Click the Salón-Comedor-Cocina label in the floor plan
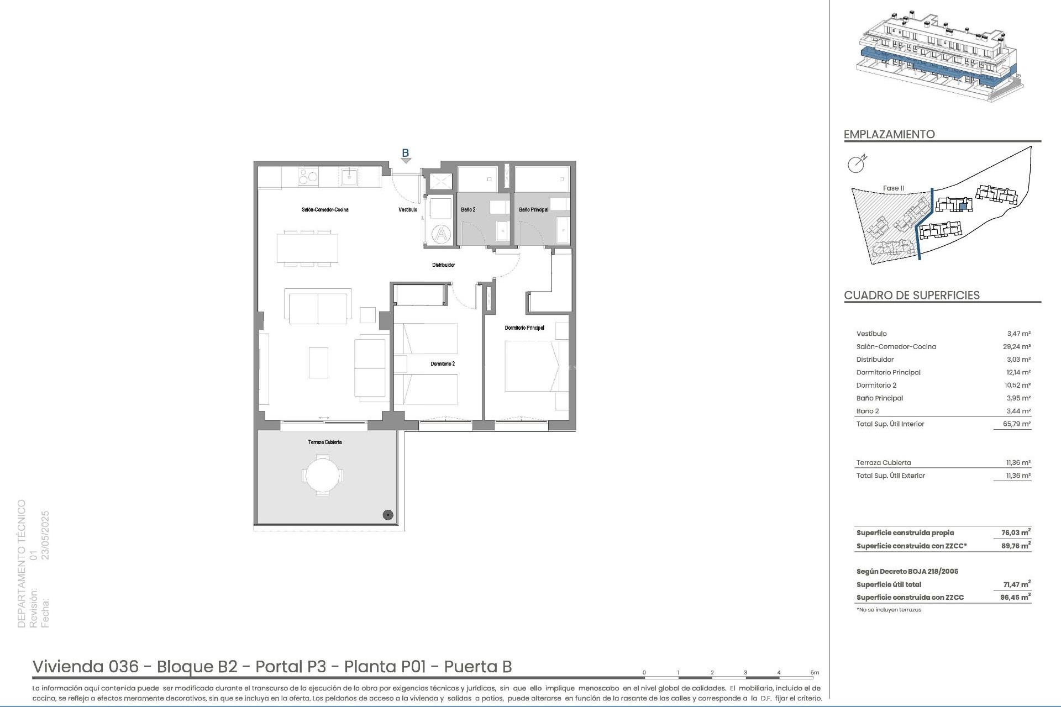[325, 210]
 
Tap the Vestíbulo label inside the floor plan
[408, 210]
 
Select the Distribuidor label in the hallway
[443, 265]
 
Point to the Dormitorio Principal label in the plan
[524, 328]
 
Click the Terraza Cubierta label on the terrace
[325, 442]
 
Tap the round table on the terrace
[323, 475]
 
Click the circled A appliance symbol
[442, 234]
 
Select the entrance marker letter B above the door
[405, 153]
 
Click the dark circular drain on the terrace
[388, 515]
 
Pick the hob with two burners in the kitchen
[308, 177]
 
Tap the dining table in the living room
[308, 248]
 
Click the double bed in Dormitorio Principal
[536, 366]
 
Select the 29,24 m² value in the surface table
[1018, 347]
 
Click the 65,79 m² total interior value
[1018, 424]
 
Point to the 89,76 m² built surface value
[1016, 546]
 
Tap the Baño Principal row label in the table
[880, 398]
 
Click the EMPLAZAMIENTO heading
[889, 134]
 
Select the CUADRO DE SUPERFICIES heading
[912, 296]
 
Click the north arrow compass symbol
[857, 164]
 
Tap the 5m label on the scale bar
[815, 673]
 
